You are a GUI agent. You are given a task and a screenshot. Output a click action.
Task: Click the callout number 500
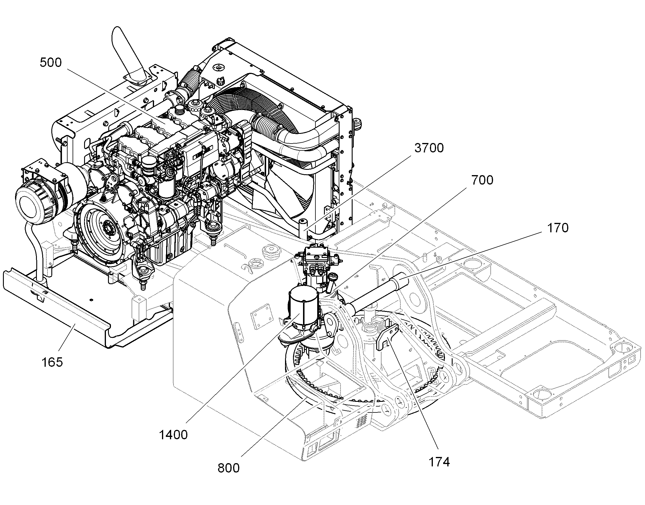[50, 63]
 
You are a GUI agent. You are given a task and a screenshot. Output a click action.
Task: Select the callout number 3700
[429, 148]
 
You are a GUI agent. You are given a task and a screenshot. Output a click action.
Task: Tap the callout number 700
[482, 180]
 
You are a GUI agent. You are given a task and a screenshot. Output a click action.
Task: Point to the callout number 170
[558, 228]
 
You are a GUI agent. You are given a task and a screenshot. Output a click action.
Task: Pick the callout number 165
[52, 362]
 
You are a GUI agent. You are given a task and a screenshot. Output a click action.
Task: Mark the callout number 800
[229, 468]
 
